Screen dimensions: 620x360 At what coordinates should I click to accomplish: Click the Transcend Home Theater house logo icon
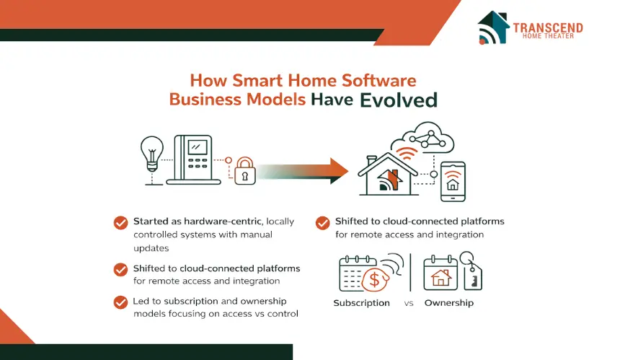point(492,27)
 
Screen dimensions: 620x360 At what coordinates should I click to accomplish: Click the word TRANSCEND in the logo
point(548,27)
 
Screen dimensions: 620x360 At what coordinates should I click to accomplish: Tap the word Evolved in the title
point(399,100)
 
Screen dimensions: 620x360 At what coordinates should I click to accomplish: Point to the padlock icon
point(245,171)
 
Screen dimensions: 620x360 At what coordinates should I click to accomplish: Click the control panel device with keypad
point(193,160)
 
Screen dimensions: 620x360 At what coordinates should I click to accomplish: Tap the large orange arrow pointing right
point(303,171)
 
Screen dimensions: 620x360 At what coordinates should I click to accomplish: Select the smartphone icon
point(453,182)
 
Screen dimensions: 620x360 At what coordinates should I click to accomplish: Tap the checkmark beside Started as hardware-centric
point(120,223)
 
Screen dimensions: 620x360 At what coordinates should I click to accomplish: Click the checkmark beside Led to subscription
point(120,302)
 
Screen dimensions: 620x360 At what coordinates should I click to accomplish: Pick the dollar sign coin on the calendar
point(374,280)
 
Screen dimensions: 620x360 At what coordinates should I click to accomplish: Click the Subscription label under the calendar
point(361,303)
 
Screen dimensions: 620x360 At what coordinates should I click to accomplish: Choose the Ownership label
point(449,303)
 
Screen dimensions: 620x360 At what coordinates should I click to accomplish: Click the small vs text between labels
point(409,304)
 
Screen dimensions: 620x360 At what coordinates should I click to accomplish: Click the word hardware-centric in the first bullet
point(223,221)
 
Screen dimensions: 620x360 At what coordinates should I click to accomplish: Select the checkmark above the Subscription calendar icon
point(323,223)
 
